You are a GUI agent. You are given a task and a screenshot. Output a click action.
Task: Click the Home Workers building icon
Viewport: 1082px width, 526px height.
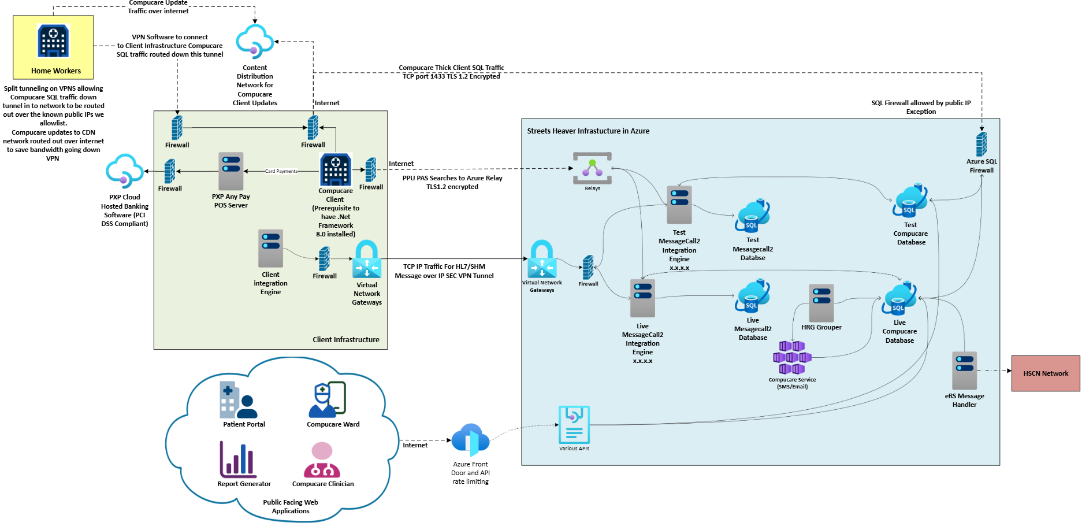coord(53,41)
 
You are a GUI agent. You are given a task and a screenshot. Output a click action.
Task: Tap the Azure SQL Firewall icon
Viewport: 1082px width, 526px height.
coord(981,144)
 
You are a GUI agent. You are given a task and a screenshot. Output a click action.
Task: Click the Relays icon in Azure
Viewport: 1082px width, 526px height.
coord(592,168)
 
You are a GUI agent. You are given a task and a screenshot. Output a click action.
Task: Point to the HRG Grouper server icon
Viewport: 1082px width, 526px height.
coord(821,303)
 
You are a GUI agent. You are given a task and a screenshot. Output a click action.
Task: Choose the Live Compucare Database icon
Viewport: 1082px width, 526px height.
coord(899,298)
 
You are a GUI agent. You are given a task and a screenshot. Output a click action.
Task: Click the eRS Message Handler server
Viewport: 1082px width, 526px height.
coord(964,371)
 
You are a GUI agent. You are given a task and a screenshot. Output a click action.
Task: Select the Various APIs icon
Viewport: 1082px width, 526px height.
coord(574,425)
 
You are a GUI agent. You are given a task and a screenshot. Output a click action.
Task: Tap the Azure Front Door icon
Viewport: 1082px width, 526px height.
coord(470,440)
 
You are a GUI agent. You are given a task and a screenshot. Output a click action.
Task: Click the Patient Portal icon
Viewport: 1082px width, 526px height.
coord(238,399)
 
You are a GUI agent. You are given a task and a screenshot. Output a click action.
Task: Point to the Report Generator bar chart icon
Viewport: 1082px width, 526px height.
coord(237,460)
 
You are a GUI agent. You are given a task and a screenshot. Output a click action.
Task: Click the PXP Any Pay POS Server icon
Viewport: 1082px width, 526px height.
coord(230,171)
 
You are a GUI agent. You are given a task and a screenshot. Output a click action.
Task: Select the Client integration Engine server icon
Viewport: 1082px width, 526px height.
coord(270,249)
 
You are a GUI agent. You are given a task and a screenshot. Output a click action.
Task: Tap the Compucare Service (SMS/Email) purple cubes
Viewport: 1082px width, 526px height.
coord(792,358)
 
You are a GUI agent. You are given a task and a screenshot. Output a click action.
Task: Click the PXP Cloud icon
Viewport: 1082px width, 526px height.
coord(124,171)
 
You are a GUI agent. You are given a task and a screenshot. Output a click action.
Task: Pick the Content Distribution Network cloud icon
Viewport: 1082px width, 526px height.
coord(254,42)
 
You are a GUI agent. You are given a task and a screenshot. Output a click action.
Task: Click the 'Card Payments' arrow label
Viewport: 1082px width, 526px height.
coord(281,171)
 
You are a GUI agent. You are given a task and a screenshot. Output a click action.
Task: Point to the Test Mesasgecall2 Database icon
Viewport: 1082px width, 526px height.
coord(752,216)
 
